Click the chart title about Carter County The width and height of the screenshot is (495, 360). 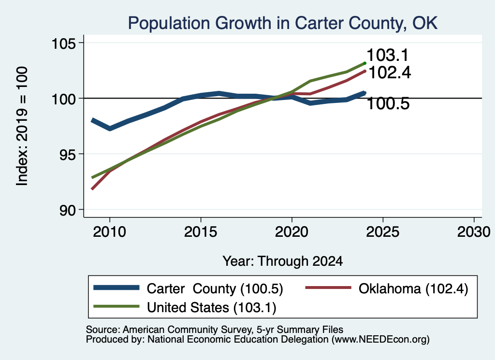click(282, 23)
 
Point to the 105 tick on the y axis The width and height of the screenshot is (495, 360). click(64, 43)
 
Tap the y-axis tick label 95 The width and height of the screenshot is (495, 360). click(68, 154)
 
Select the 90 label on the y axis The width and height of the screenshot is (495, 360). click(68, 210)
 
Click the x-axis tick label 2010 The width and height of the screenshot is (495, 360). click(110, 232)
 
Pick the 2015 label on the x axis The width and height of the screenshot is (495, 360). click(201, 232)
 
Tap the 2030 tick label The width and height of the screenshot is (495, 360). click(474, 232)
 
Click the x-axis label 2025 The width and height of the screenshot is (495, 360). click(383, 232)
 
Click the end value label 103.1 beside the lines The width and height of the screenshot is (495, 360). click(388, 55)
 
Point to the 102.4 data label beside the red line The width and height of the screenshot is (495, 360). click(390, 72)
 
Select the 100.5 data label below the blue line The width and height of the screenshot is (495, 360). click(388, 103)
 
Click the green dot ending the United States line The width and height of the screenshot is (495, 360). click(364, 63)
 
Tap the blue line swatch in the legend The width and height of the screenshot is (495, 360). click(116, 288)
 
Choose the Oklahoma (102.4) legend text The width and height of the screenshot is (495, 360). click(413, 288)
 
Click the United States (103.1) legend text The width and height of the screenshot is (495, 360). click(212, 308)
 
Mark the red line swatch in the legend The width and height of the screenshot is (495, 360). click(328, 288)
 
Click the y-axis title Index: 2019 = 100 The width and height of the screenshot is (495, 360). click(22, 126)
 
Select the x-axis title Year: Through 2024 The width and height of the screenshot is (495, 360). click(282, 261)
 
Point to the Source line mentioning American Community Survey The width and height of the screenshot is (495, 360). click(214, 330)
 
